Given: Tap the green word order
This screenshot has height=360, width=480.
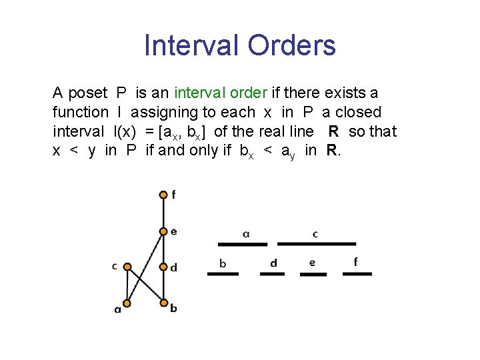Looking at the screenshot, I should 247,93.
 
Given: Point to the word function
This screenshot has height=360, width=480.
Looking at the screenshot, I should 80,112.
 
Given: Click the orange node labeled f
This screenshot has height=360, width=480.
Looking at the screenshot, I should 163,195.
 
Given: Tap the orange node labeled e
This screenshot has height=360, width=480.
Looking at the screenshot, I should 163,231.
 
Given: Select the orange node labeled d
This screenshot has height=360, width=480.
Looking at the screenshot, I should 163,267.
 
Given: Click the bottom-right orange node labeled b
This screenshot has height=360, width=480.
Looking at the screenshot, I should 163,304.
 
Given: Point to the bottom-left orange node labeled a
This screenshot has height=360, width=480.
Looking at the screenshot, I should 127,304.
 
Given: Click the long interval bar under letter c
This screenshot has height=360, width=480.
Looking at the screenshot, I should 317,244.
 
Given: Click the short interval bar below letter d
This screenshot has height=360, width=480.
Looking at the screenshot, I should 273,273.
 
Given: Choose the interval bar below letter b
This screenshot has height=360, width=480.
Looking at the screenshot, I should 223,273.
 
